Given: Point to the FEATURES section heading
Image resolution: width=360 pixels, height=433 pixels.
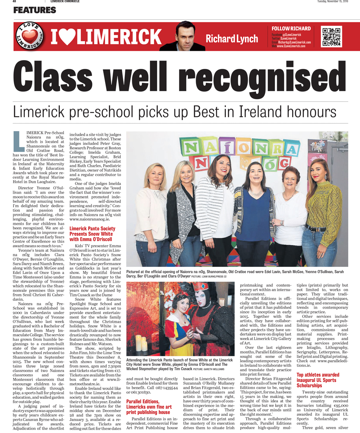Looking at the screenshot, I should (x=35, y=10).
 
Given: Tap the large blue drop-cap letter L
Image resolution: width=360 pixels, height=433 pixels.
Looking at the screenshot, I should (x=19, y=141).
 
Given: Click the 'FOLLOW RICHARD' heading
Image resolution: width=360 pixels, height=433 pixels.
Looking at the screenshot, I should (x=291, y=29).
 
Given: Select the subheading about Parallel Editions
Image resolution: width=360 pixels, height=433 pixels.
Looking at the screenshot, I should (x=149, y=409).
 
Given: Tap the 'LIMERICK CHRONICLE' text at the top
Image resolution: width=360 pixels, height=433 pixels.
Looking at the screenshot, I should (x=65, y=2).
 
